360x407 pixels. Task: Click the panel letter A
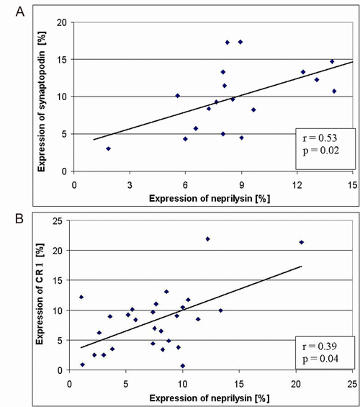(20, 12)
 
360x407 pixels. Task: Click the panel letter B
(19, 218)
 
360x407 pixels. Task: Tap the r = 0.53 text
(320, 138)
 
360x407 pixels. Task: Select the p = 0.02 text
(321, 151)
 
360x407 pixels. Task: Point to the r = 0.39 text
(320, 346)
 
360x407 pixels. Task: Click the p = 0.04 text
(320, 359)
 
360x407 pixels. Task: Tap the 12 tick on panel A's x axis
(297, 185)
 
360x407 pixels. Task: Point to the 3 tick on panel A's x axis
(130, 185)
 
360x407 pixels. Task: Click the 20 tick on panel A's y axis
(62, 22)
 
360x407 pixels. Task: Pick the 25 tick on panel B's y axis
(58, 221)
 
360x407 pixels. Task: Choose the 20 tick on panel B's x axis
(296, 384)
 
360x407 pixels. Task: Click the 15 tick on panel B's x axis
(239, 384)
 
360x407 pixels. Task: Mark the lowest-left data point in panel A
(109, 148)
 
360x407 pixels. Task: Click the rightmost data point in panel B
(302, 242)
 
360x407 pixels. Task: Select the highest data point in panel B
(207, 239)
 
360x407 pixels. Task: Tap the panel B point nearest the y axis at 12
(81, 297)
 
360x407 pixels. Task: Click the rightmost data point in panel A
(334, 91)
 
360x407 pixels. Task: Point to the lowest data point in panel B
(183, 366)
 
